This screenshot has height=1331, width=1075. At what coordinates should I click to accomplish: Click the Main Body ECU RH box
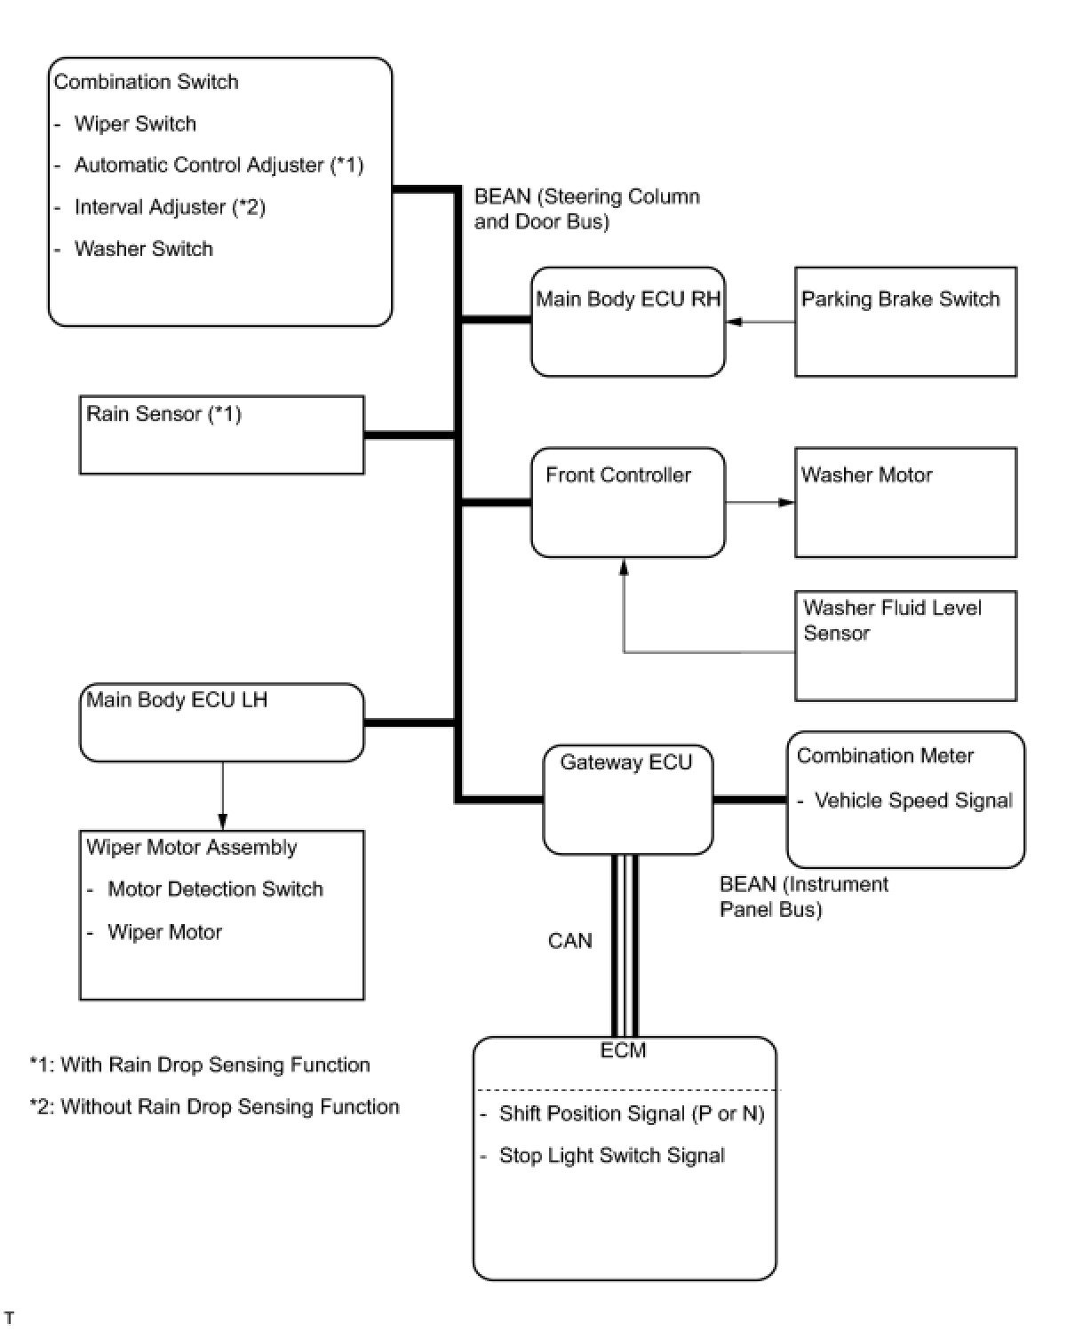click(x=627, y=322)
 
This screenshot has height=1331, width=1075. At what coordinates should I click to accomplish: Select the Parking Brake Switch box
click(x=904, y=322)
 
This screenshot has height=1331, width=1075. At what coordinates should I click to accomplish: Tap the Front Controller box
click(x=627, y=502)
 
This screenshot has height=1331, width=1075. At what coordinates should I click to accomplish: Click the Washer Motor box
click(x=904, y=502)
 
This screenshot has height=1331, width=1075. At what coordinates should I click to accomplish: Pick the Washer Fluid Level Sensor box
click(x=904, y=646)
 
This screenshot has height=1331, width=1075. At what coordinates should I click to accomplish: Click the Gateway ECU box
click(x=627, y=800)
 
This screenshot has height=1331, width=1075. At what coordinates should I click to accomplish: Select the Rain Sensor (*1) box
click(x=221, y=434)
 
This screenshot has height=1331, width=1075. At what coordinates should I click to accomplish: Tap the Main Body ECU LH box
click(x=221, y=721)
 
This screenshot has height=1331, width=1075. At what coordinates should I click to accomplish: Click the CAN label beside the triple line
click(x=569, y=940)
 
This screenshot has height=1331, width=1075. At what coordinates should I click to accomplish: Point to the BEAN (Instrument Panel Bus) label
click(x=803, y=897)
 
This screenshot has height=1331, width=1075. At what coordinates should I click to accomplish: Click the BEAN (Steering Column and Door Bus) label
click(x=586, y=209)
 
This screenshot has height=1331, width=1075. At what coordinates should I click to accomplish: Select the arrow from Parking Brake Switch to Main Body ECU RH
click(x=760, y=322)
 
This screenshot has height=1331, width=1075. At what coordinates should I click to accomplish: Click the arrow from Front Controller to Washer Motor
click(x=760, y=502)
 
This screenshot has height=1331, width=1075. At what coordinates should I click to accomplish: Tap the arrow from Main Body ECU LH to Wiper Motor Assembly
click(x=222, y=796)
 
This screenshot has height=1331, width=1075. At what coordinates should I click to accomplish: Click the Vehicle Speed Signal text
click(x=912, y=801)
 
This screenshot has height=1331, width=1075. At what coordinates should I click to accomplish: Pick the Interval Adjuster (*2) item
click(x=170, y=207)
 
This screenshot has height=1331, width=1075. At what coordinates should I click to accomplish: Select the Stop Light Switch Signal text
click(x=611, y=1155)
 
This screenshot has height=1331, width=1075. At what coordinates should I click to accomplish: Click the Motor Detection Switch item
click(x=215, y=889)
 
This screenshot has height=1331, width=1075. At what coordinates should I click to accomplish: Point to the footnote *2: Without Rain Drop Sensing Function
click(x=214, y=1106)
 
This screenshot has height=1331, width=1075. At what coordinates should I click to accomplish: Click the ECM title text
click(x=623, y=1050)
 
